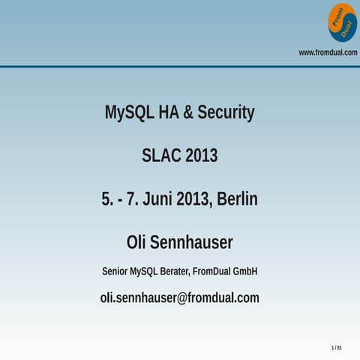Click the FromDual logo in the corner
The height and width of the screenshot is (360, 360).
pos(343,22)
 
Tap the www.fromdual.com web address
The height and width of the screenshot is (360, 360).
pos(328,52)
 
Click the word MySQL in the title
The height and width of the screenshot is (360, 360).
pos(129,113)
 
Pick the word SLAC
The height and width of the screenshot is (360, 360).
pos(161,156)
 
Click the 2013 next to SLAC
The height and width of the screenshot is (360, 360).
pos(202,156)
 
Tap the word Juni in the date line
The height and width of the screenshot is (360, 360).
pos(161,199)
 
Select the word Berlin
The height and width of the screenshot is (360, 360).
pos(237,199)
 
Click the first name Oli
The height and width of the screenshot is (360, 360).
pos(139,243)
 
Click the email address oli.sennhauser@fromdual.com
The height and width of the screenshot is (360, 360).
pos(180,298)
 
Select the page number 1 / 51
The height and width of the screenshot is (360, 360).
pos(337,348)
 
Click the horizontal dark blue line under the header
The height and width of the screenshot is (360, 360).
pos(180,67)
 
